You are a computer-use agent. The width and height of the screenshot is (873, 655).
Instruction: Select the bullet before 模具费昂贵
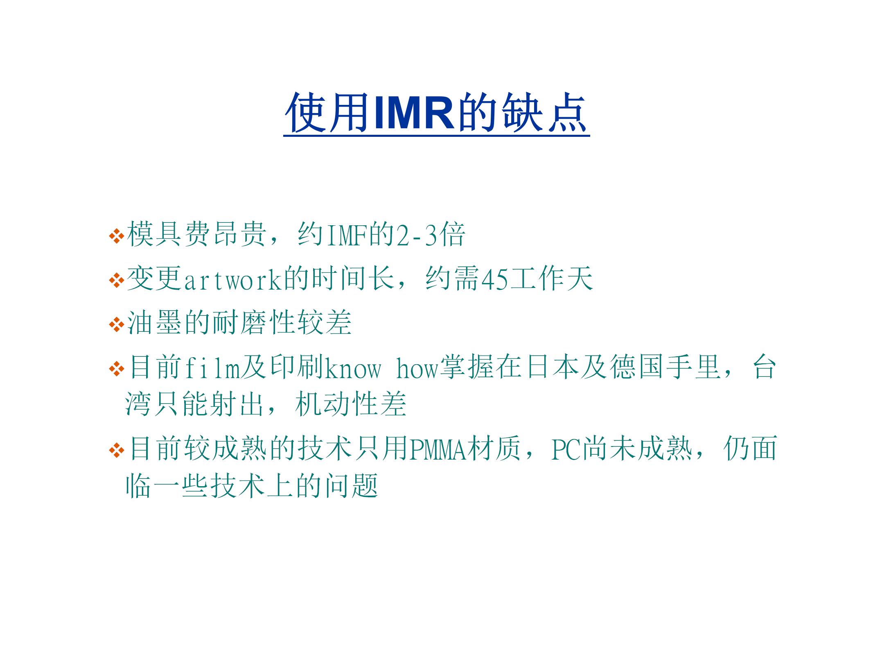(x=117, y=236)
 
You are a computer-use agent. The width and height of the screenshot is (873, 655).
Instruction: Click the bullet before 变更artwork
(x=117, y=281)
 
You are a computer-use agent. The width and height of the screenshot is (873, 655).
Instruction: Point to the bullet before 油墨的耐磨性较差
(x=117, y=325)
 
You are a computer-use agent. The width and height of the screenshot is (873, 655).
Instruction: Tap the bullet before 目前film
(x=117, y=369)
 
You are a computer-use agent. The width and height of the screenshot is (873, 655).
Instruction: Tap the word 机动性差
(x=350, y=404)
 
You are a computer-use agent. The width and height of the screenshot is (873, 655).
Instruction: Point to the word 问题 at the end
(x=351, y=485)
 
